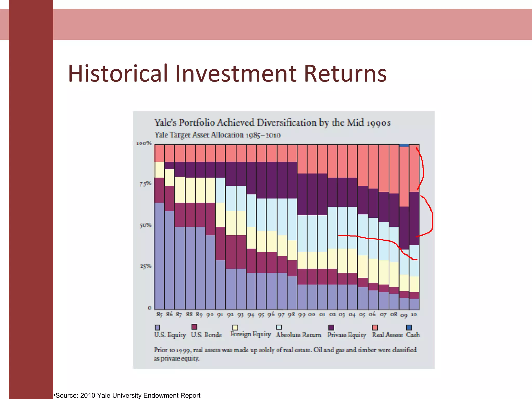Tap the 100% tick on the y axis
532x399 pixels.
(x=144, y=143)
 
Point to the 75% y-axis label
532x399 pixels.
(x=145, y=184)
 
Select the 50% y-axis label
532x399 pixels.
(x=145, y=225)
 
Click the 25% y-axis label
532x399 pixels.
(x=145, y=266)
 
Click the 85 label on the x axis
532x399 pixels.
(x=159, y=314)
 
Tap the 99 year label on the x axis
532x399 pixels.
(x=302, y=315)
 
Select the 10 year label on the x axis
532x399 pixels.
(x=414, y=314)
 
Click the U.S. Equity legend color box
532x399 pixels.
(x=157, y=327)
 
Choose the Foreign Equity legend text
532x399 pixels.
(x=250, y=334)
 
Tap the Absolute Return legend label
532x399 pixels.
(x=298, y=335)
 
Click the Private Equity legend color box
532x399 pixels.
(x=331, y=327)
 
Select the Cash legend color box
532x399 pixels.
(x=409, y=327)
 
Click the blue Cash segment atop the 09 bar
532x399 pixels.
(x=404, y=145)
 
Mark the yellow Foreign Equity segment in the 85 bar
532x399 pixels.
(x=159, y=170)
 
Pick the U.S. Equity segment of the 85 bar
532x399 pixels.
(x=159, y=256)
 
